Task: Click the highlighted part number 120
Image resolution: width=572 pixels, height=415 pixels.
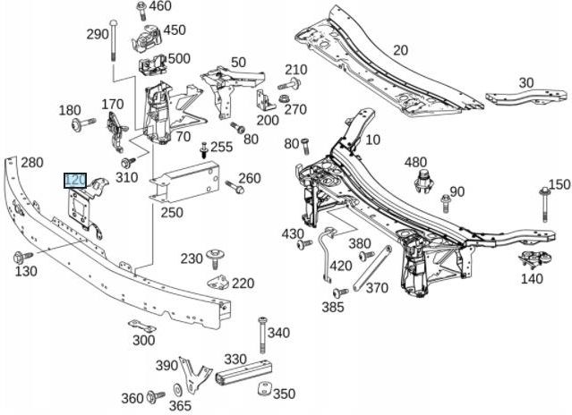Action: (75, 181)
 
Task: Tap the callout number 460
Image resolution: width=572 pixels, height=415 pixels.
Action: (160, 7)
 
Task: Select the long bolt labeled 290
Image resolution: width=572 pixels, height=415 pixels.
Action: (114, 40)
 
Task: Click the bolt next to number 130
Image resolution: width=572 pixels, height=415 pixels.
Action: (21, 258)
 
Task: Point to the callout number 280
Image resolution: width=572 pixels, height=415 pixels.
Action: (32, 163)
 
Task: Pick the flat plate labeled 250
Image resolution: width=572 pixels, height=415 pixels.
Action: (187, 183)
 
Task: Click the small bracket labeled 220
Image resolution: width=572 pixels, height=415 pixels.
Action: (218, 283)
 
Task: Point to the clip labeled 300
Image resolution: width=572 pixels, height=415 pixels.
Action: (141, 325)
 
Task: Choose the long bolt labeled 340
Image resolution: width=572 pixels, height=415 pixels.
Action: (262, 335)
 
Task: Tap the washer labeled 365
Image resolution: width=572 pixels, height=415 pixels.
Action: (177, 390)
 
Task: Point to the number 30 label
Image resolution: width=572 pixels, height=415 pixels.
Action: (525, 82)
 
